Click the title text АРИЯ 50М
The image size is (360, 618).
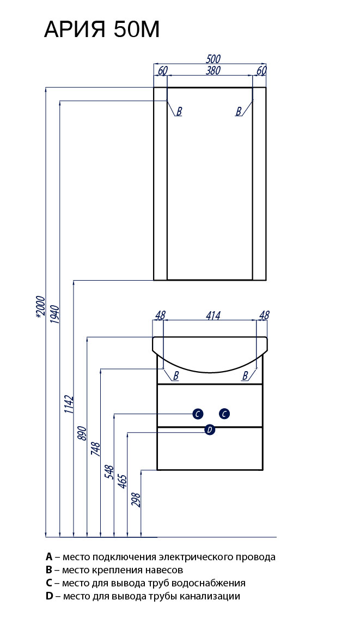[101, 30]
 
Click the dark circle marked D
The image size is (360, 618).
[210, 430]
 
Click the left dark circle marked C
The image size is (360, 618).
[198, 414]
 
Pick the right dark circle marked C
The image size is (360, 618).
[224, 414]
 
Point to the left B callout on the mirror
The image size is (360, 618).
[179, 111]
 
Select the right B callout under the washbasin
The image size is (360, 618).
[245, 375]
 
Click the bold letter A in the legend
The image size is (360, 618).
[49, 557]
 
